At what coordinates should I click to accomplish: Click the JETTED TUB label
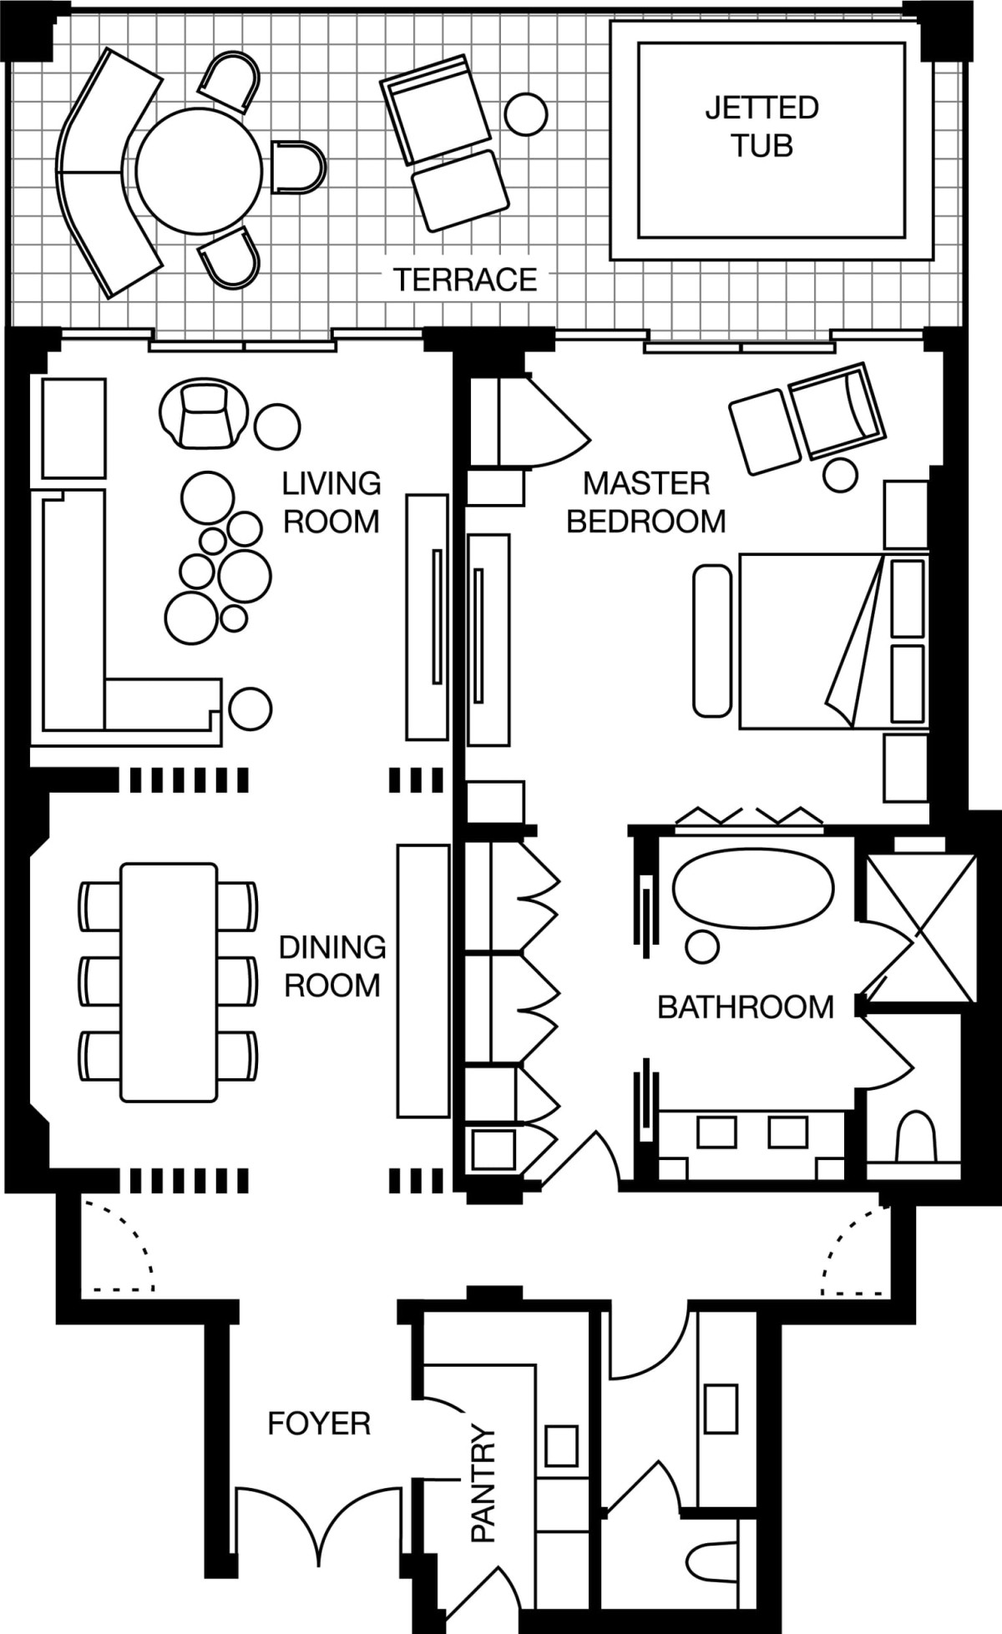762,126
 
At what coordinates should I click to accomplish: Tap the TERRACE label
465,280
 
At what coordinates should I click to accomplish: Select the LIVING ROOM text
331,502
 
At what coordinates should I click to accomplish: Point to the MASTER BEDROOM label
646,502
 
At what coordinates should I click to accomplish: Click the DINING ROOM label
332,966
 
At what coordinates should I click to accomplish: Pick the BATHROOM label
746,1007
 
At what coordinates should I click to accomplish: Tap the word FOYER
319,1423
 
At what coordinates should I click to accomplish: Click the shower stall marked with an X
921,928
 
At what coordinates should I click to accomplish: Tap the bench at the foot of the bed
712,640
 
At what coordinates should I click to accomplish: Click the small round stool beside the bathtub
702,947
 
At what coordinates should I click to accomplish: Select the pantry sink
562,1445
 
